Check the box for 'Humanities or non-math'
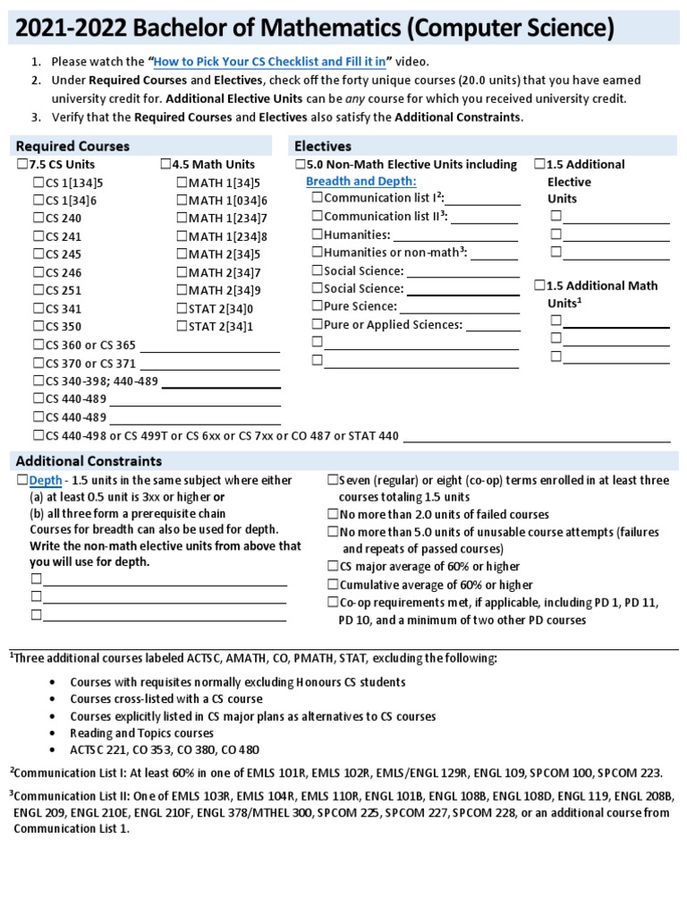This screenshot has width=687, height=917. click(x=317, y=253)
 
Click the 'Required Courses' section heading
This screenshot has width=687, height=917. click(x=72, y=146)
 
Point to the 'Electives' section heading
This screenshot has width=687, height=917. click(x=323, y=146)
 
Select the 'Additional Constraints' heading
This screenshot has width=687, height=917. click(x=89, y=460)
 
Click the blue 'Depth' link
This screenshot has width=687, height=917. click(x=46, y=481)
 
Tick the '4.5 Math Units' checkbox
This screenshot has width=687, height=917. click(x=165, y=165)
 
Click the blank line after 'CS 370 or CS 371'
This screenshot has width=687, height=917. click(x=210, y=364)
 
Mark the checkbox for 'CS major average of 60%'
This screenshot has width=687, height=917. click(x=333, y=567)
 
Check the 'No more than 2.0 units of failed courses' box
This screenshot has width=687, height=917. click(x=333, y=514)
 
